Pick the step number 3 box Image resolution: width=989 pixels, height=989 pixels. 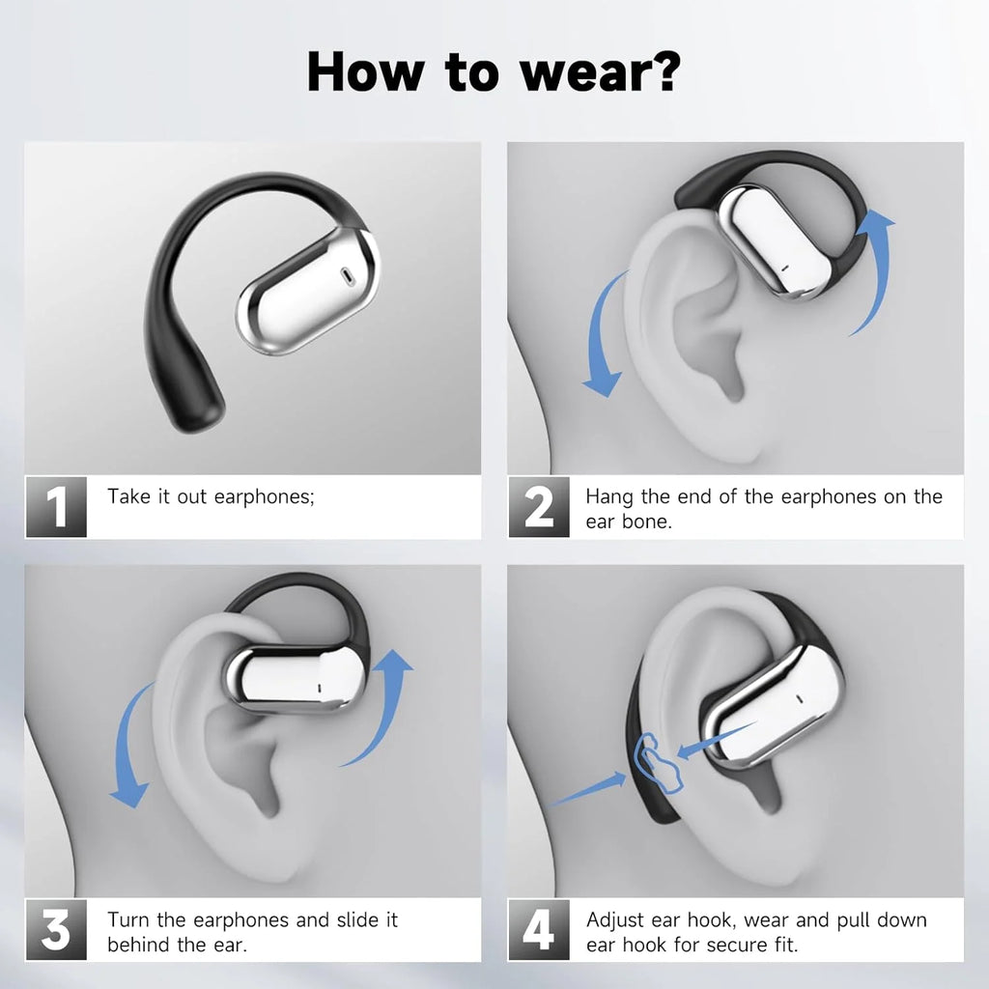(x=56, y=931)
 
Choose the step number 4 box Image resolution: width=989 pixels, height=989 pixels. (x=539, y=931)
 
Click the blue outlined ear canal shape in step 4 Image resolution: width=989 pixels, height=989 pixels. (x=658, y=762)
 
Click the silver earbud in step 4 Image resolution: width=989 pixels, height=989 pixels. (x=769, y=706)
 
